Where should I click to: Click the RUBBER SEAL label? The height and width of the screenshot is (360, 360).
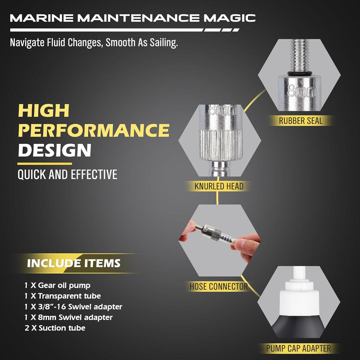[x=301, y=121]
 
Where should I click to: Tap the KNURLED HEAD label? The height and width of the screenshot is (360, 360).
[x=219, y=186]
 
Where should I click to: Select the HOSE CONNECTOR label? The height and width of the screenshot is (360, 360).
[x=219, y=287]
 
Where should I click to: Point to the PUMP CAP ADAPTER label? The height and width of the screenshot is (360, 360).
[x=298, y=348]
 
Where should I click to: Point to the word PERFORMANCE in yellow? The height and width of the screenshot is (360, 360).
[x=94, y=130]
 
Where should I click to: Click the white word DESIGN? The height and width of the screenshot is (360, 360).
[x=54, y=150]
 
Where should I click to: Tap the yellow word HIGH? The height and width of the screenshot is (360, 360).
[x=44, y=111]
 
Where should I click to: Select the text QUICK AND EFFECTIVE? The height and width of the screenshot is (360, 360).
[x=67, y=175]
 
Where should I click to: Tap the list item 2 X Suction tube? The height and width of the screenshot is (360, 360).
[x=55, y=328]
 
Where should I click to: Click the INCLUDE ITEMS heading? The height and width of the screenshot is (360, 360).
[x=74, y=263]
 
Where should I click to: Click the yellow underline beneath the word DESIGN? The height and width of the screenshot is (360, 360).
[x=45, y=163]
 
